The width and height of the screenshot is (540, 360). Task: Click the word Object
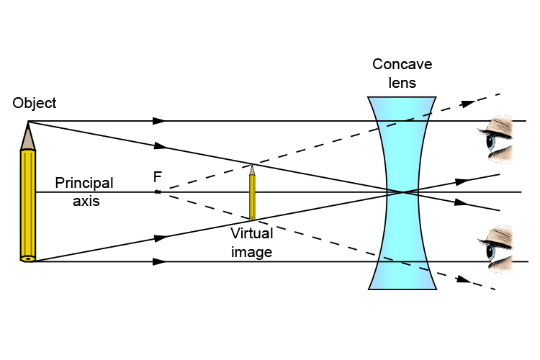pyautogui.click(x=34, y=103)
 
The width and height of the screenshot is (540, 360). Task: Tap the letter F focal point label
pyautogui.click(x=156, y=177)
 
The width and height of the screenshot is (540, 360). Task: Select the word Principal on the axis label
pyautogui.click(x=84, y=184)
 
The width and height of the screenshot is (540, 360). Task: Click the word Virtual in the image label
pyautogui.click(x=251, y=233)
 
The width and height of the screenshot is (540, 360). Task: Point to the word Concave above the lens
pyautogui.click(x=402, y=65)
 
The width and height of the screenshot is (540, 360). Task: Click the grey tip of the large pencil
pyautogui.click(x=28, y=137)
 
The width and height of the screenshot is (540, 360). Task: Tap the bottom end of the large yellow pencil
pyautogui.click(x=27, y=258)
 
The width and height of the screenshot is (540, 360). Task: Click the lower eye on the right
pyautogui.click(x=498, y=249)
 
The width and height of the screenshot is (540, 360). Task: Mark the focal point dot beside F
pyautogui.click(x=157, y=192)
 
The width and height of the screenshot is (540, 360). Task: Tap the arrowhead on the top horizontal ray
pyautogui.click(x=160, y=121)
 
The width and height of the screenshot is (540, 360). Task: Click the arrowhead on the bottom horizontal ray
pyautogui.click(x=160, y=261)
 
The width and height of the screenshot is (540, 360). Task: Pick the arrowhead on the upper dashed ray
pyautogui.click(x=468, y=104)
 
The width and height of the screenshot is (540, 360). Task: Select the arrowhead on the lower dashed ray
pyautogui.click(x=464, y=279)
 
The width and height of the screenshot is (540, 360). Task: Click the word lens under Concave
pyautogui.click(x=402, y=83)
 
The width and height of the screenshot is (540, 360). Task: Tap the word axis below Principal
pyautogui.click(x=86, y=201)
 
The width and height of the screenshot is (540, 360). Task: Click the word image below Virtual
pyautogui.click(x=251, y=252)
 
